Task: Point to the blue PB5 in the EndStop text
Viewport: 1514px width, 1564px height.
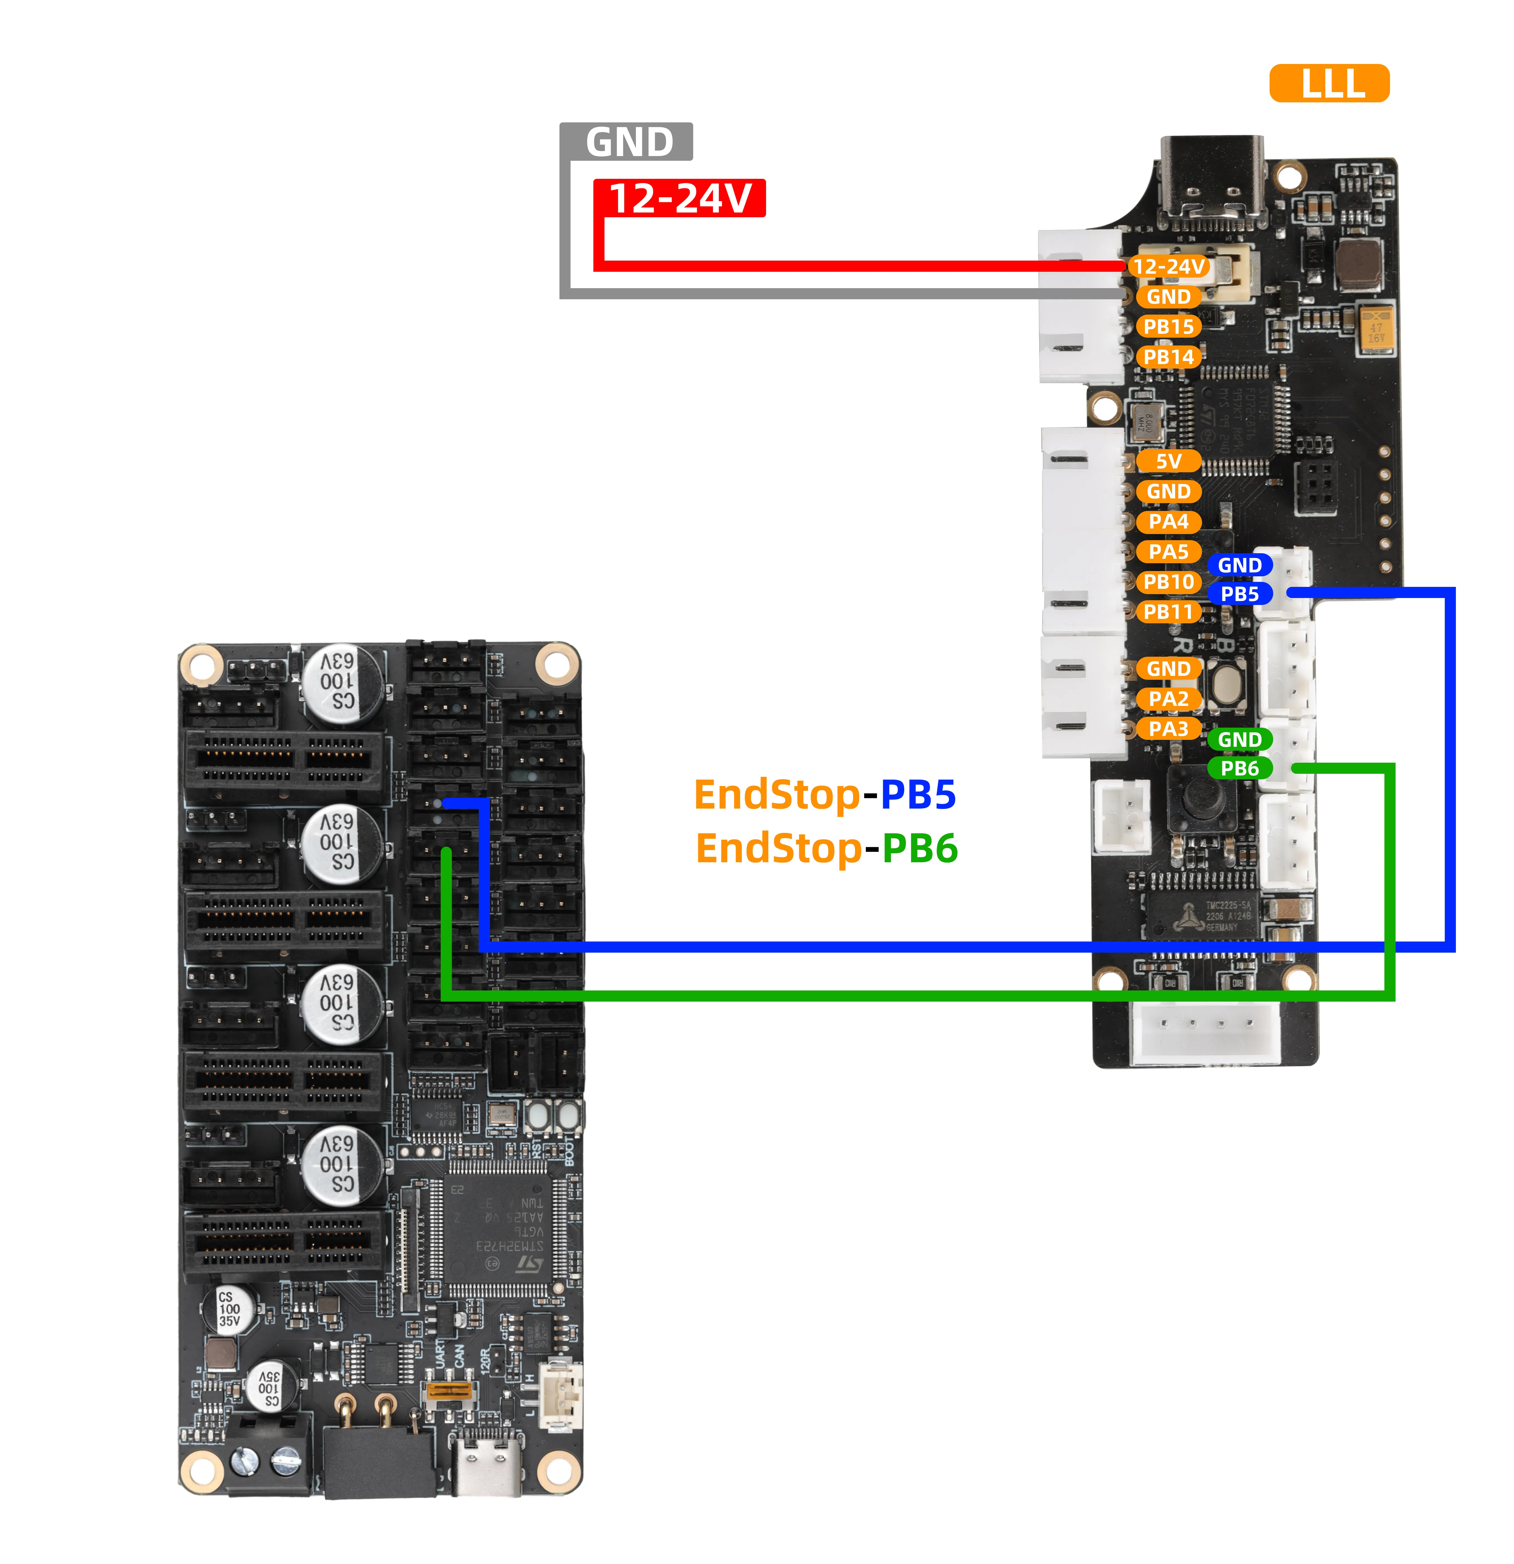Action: [x=917, y=795]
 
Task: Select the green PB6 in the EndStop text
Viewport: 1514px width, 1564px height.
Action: [x=919, y=848]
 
